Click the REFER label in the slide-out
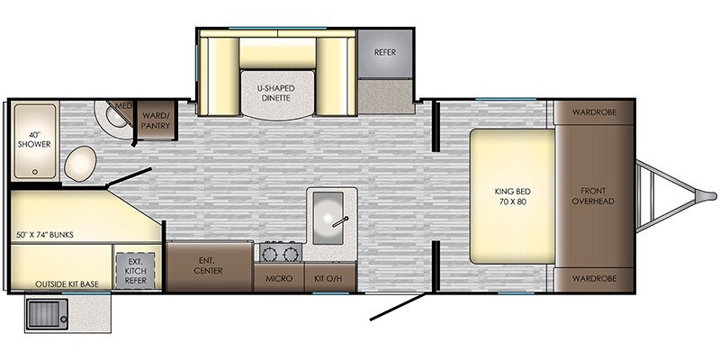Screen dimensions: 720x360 [x=385, y=52]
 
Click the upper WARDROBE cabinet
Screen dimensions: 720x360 [x=594, y=112]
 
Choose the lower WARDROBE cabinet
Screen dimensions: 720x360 [x=594, y=280]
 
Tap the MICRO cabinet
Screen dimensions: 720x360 [x=279, y=277]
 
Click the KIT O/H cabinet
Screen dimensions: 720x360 [x=329, y=277]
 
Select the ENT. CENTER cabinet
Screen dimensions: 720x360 [x=210, y=266]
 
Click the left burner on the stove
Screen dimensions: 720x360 [x=269, y=254]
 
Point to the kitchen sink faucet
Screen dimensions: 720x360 [x=341, y=221]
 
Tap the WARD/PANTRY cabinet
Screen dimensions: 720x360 [x=156, y=120]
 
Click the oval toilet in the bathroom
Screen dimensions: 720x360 [x=80, y=164]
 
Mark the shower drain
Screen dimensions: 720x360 [x=35, y=172]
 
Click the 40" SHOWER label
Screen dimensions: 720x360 [x=34, y=139]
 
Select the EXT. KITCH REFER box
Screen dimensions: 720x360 [x=136, y=271]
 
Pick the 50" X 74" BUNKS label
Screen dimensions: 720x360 [x=44, y=235]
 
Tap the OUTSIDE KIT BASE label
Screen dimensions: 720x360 [x=67, y=284]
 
